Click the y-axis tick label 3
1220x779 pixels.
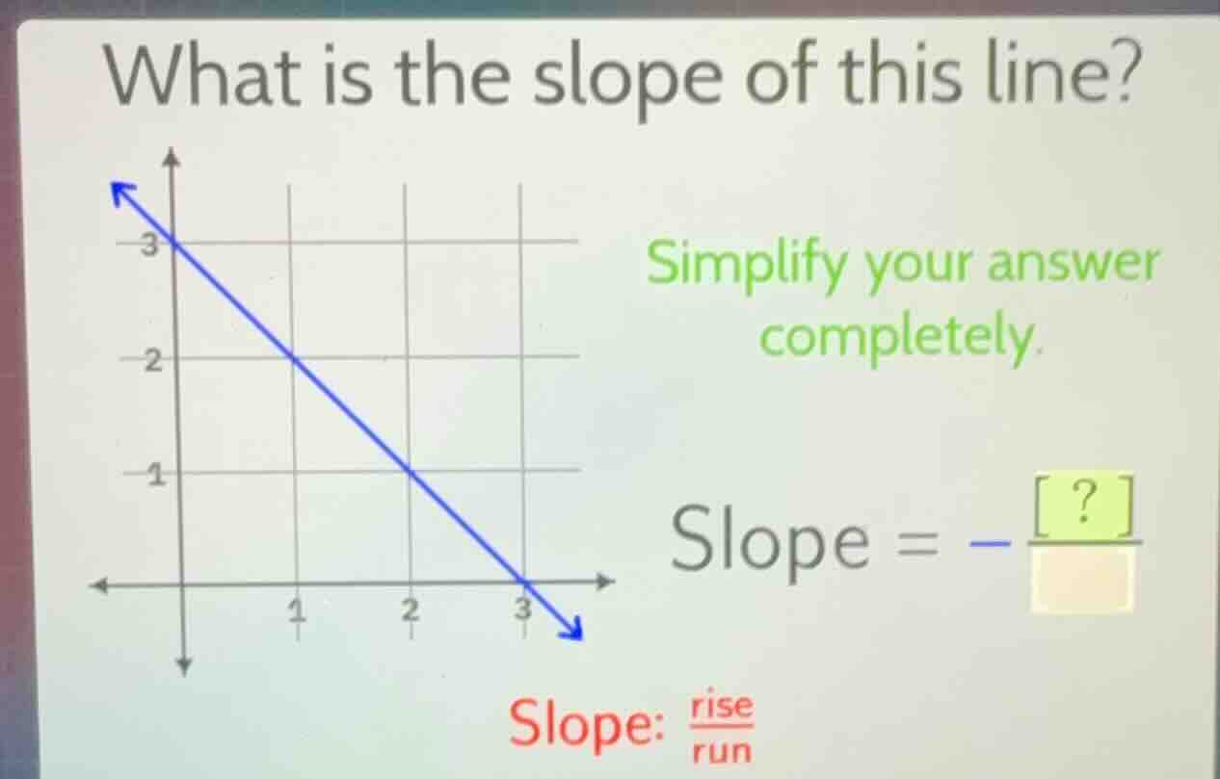149,246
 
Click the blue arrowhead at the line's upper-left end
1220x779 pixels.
122,192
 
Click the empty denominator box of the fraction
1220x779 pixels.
1081,580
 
